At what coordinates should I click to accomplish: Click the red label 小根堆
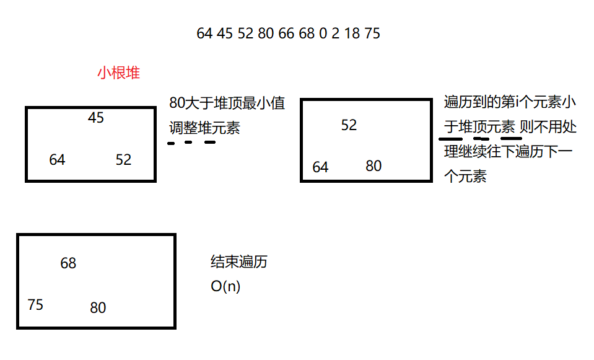[118, 73]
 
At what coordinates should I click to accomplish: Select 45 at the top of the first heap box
[96, 117]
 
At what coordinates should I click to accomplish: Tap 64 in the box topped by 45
[57, 160]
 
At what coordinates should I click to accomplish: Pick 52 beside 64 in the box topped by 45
[123, 160]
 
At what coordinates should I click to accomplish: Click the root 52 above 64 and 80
[349, 125]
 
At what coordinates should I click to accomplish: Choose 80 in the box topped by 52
[373, 166]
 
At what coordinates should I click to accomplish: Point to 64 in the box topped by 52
[320, 167]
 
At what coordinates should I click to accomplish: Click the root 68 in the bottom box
[68, 263]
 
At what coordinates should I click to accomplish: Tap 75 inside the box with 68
[35, 305]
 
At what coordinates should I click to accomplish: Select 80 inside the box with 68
[98, 308]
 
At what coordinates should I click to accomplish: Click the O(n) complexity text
[225, 287]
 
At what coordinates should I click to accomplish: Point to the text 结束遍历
[239, 262]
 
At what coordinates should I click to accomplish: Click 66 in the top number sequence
[286, 33]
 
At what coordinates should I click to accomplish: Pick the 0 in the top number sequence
[323, 33]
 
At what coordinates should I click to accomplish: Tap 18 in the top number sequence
[352, 33]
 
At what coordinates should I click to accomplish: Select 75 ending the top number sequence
[372, 33]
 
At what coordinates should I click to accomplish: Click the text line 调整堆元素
[204, 128]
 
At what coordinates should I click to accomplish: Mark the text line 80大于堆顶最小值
[227, 103]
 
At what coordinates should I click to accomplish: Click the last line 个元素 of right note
[465, 176]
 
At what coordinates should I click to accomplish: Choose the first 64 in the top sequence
[204, 33]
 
